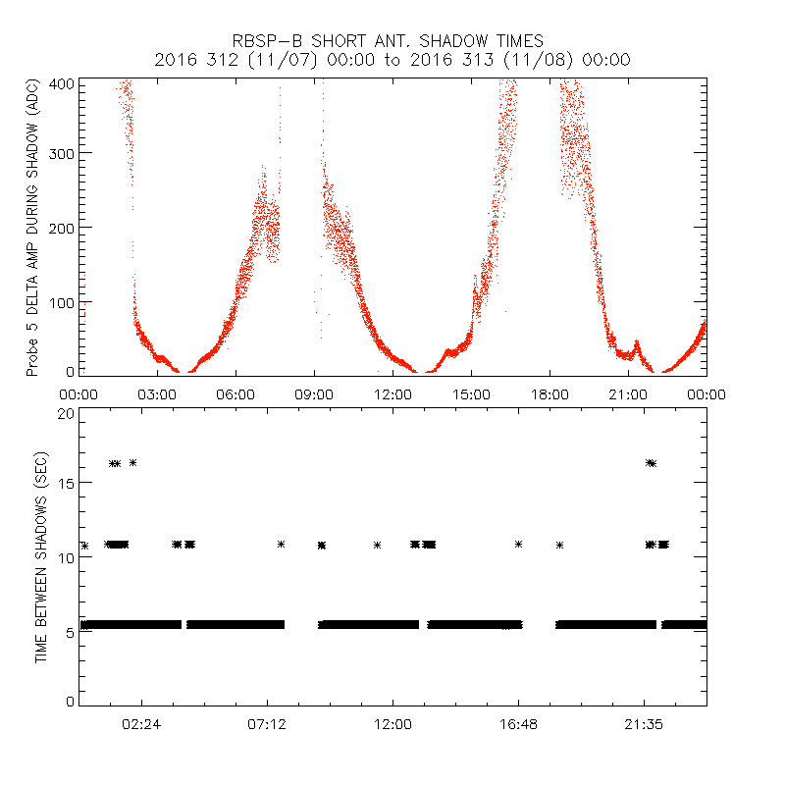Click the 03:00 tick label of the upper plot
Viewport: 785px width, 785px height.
tap(157, 393)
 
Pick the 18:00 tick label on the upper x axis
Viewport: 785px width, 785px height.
tap(549, 393)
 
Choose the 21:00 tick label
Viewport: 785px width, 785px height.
tap(628, 393)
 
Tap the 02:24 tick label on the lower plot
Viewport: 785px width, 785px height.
tap(141, 723)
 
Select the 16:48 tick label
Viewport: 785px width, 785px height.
tap(518, 723)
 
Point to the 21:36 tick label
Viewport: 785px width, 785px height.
tap(644, 723)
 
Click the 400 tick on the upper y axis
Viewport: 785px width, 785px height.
tap(63, 82)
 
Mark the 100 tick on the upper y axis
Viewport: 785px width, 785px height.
tap(63, 301)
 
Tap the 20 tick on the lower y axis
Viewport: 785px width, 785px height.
tap(66, 413)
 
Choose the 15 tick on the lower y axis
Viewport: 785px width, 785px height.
tap(66, 485)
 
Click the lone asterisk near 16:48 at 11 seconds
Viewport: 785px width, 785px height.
tap(518, 544)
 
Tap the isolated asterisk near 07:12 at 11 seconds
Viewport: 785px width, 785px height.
tap(282, 544)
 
